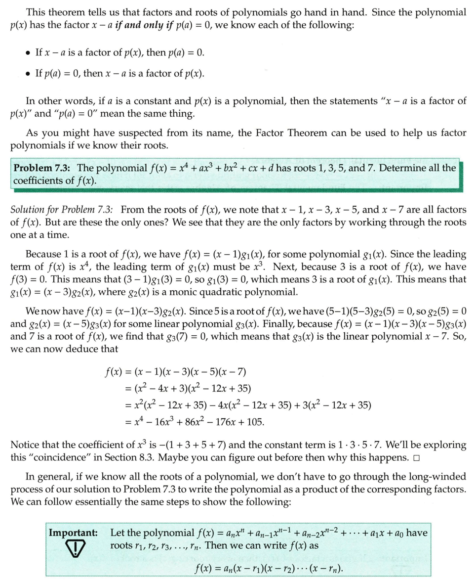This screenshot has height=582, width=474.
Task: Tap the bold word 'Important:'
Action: tap(73, 533)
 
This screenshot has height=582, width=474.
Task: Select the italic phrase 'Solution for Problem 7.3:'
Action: tap(62, 210)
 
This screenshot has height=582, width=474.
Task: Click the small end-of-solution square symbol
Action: tap(417, 457)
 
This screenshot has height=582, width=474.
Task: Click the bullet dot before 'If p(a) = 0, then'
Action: tap(29, 74)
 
